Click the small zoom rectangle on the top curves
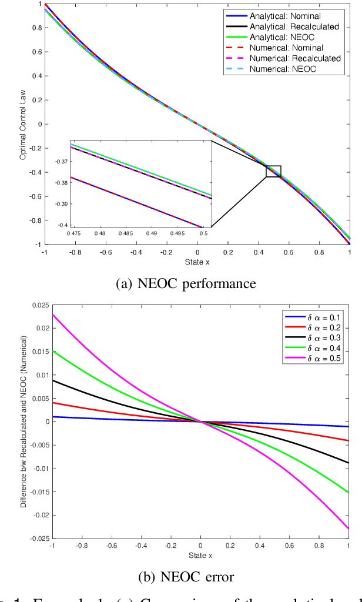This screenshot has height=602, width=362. click(x=273, y=171)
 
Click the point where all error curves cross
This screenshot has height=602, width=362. click(x=200, y=422)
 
